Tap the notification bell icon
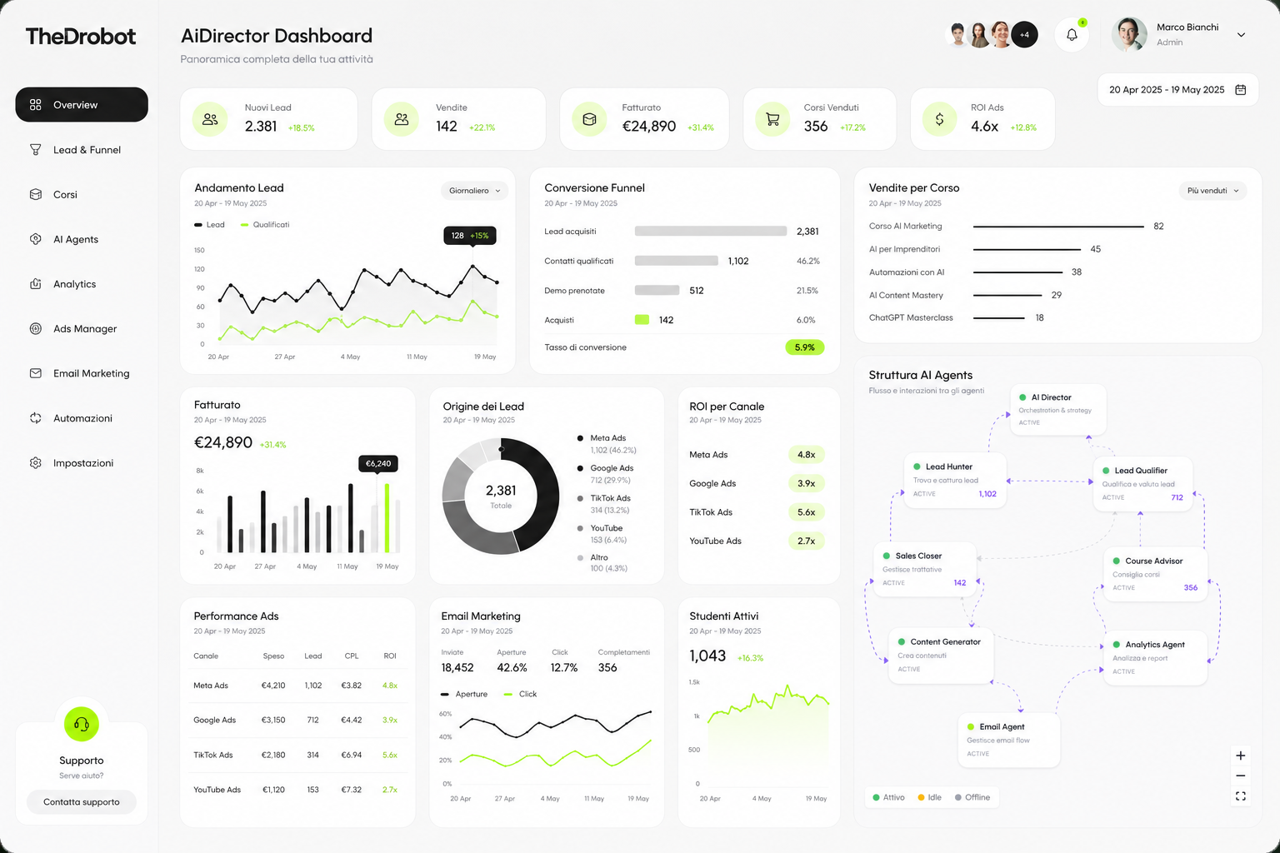[x=1072, y=35]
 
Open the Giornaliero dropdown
[x=474, y=191]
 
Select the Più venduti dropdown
[x=1212, y=191]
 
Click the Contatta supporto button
[x=81, y=801]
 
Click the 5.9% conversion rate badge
[x=804, y=347]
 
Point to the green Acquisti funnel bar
[x=642, y=320]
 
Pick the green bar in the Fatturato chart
[x=387, y=518]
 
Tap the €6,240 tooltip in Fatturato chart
[x=378, y=463]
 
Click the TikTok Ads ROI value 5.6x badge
[x=807, y=512]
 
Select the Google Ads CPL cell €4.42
[x=352, y=720]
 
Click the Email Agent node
[x=1008, y=740]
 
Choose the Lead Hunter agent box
[x=955, y=480]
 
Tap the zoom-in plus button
[x=1241, y=756]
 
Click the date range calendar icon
[x=1241, y=90]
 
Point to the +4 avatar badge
[x=1024, y=35]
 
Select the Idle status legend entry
[x=930, y=797]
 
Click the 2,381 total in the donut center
[x=501, y=490]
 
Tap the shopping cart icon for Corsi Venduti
[x=772, y=119]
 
